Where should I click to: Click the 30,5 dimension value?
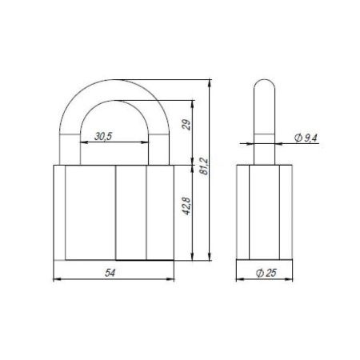click(x=102, y=136)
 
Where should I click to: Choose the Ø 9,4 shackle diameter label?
click(x=305, y=138)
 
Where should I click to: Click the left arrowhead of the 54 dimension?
click(x=56, y=280)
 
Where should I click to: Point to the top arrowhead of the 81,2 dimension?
click(x=210, y=81)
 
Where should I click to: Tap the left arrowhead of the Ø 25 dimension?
click(x=240, y=280)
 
